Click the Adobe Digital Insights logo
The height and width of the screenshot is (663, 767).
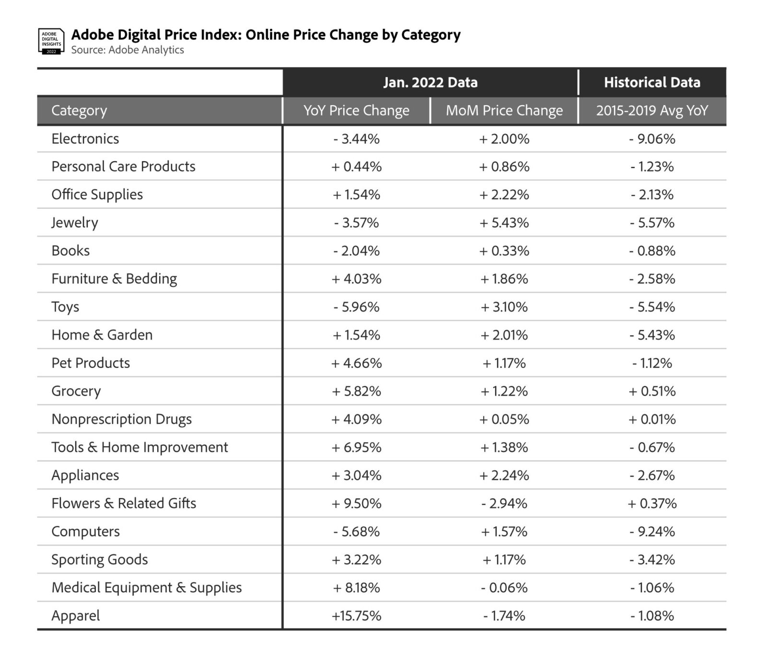click(x=51, y=41)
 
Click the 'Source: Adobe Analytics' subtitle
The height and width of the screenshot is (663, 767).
click(x=128, y=50)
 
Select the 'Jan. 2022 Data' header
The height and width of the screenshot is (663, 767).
click(x=430, y=83)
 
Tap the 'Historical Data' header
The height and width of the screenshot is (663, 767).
click(x=652, y=83)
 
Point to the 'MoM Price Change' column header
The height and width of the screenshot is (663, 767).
click(x=504, y=110)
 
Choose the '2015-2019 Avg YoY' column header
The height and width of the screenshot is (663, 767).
click(x=652, y=110)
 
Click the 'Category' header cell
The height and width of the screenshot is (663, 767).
click(x=79, y=110)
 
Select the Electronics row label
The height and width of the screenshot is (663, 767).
click(x=85, y=139)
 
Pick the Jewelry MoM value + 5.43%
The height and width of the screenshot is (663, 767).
click(x=504, y=223)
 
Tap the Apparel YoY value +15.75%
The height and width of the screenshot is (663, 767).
click(x=357, y=616)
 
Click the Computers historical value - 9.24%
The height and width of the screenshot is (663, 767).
click(x=652, y=532)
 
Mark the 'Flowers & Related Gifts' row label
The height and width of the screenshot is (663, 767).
click(x=124, y=503)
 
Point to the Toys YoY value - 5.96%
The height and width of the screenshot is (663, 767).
click(x=357, y=307)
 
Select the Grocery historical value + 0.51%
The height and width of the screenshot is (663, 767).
click(x=652, y=391)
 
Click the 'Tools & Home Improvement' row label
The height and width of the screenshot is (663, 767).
click(x=139, y=447)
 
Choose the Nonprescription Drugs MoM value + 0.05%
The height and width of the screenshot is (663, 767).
click(x=504, y=419)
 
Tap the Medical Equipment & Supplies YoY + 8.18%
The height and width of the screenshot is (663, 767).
click(x=357, y=588)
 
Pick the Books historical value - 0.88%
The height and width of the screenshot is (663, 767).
click(x=652, y=251)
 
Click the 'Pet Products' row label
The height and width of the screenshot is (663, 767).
click(x=91, y=363)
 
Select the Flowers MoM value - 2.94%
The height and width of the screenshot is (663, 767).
click(x=504, y=503)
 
